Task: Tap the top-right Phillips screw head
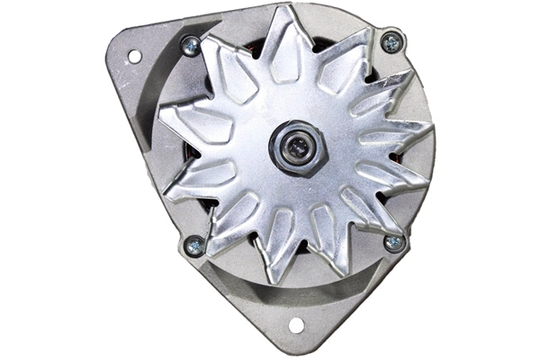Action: click(391, 40)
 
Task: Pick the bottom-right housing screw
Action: click(393, 242)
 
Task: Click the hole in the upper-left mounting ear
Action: click(134, 56)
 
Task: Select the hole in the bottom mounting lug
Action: click(295, 325)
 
